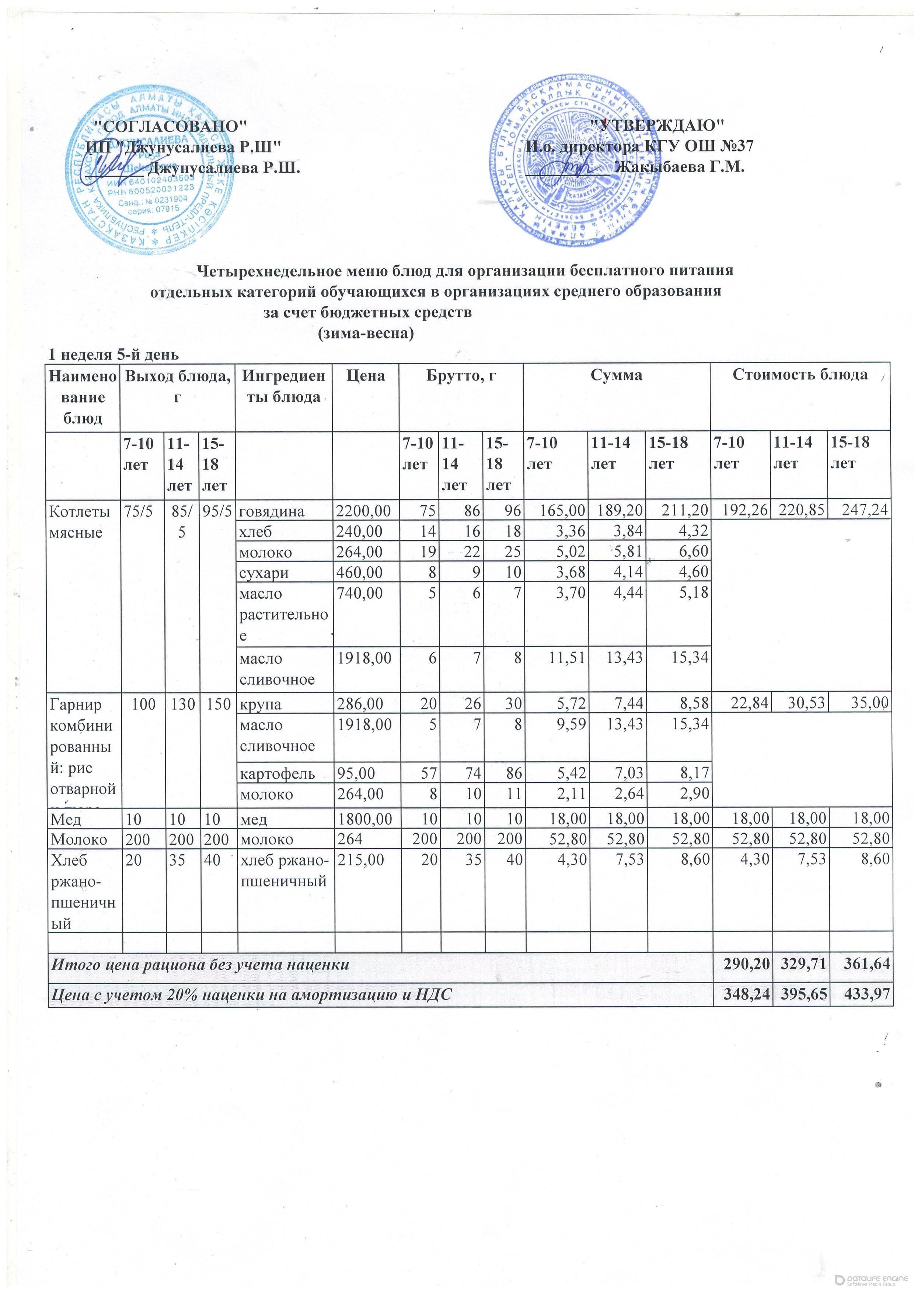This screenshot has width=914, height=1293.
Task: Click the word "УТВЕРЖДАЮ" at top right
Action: point(659,125)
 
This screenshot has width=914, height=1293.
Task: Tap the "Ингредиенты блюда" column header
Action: point(283,386)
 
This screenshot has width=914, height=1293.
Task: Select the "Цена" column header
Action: point(366,376)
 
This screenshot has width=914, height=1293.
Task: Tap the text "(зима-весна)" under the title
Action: point(366,333)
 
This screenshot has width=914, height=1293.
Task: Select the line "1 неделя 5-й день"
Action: point(114,355)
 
